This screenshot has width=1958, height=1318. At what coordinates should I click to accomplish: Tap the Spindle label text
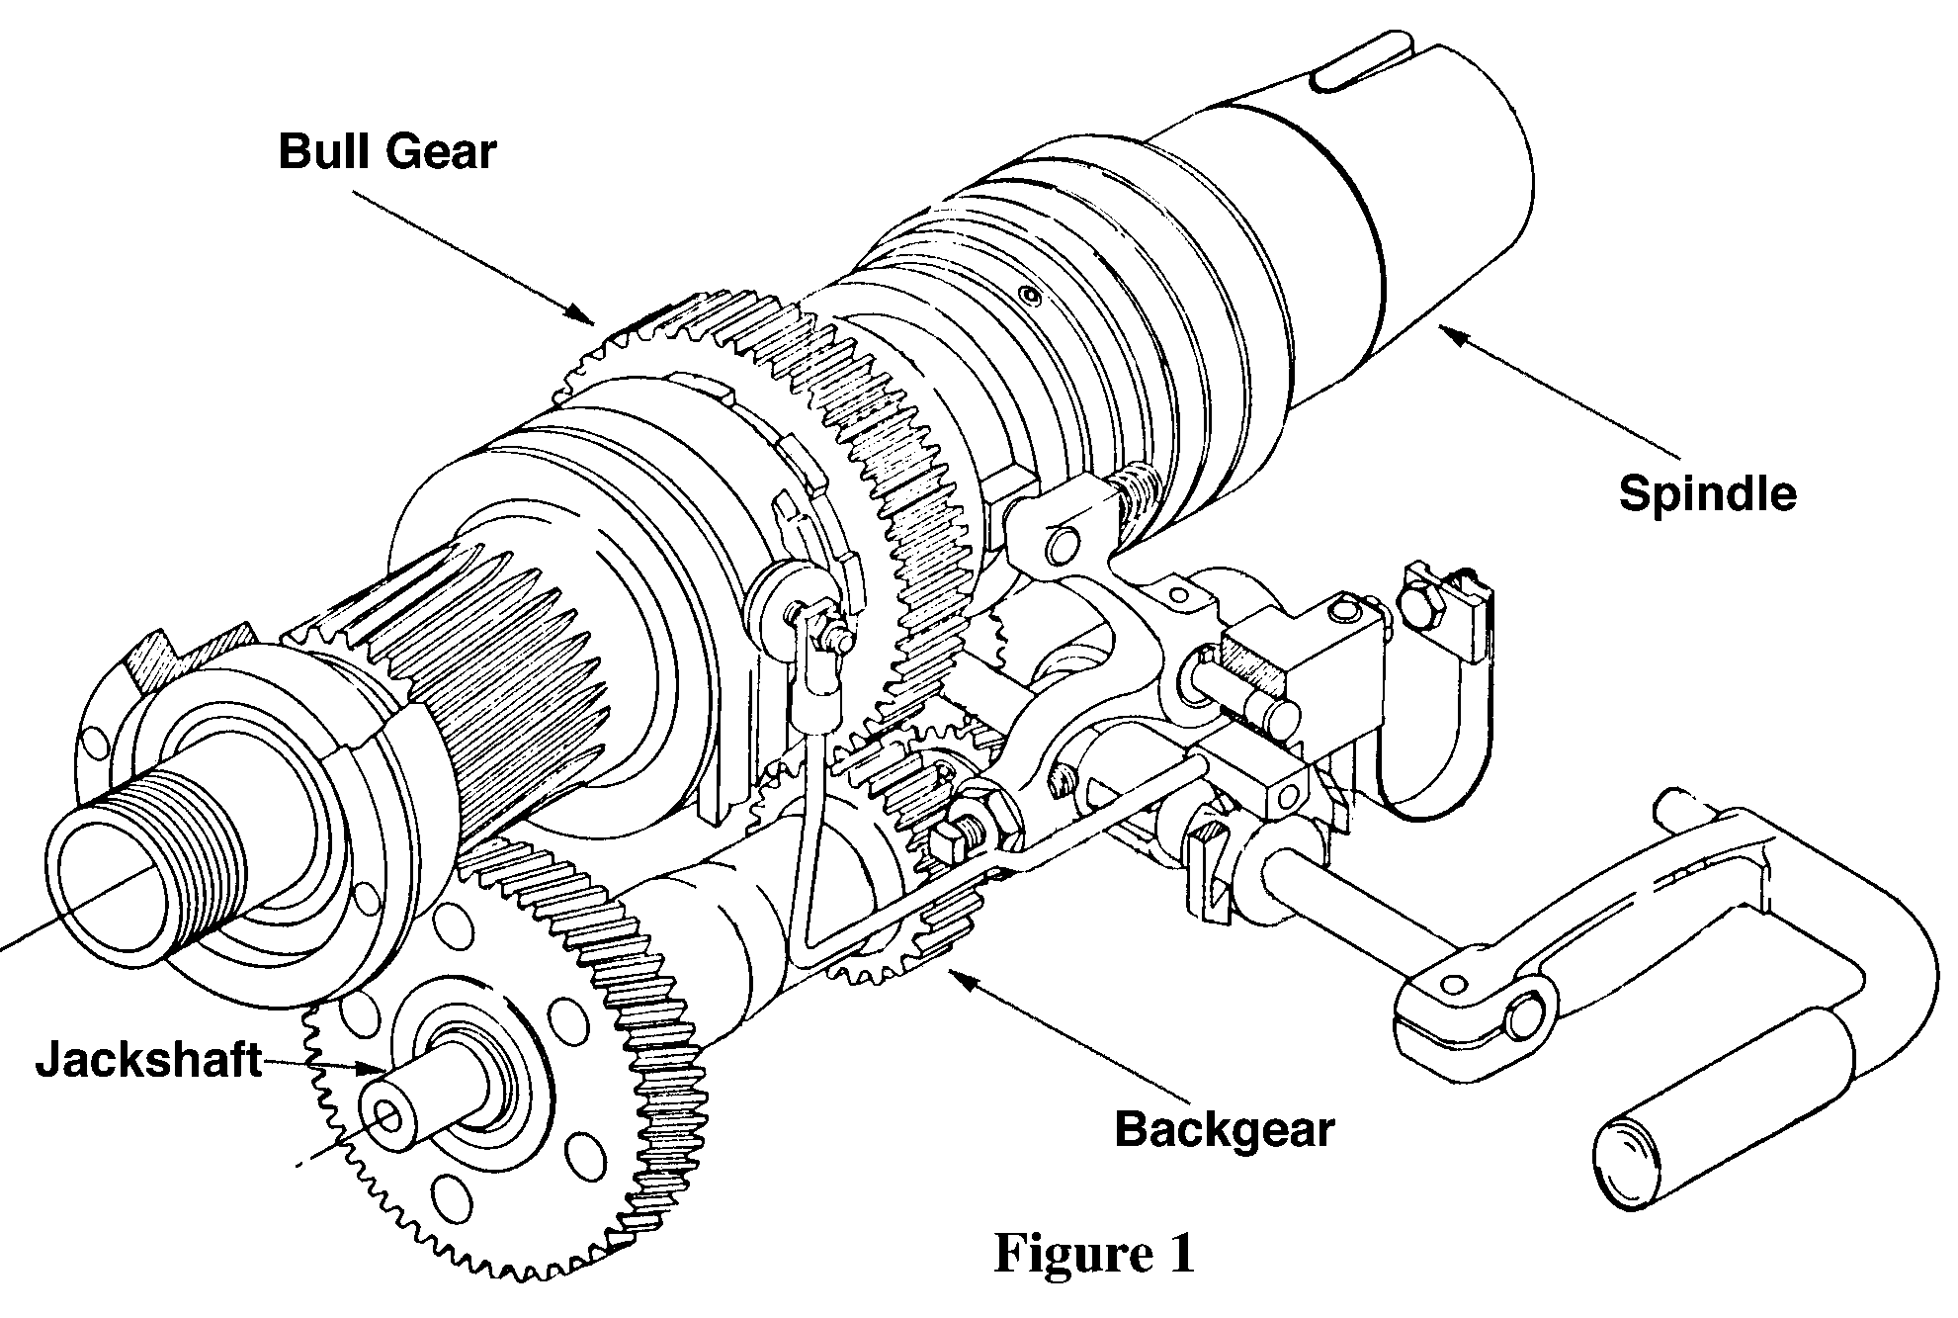point(1707,492)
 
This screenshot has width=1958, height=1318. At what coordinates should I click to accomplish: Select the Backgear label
point(1224,1128)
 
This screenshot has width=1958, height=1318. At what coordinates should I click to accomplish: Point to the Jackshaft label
point(149,1061)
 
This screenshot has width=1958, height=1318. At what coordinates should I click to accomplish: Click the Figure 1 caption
point(1094,1253)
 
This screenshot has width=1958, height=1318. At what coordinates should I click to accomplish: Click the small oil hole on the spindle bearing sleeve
point(1032,296)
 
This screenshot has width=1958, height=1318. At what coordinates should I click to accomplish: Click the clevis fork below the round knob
point(818,672)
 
